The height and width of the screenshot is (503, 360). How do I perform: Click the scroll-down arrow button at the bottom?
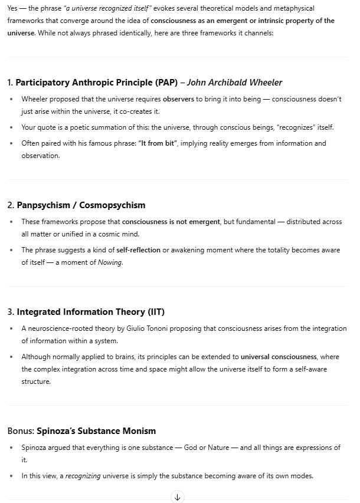tap(178, 497)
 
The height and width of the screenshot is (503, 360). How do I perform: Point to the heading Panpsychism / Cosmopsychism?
tap(81, 205)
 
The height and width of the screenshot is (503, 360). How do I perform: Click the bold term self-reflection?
tap(138, 250)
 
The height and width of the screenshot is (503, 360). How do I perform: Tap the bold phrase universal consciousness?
tap(279, 357)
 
